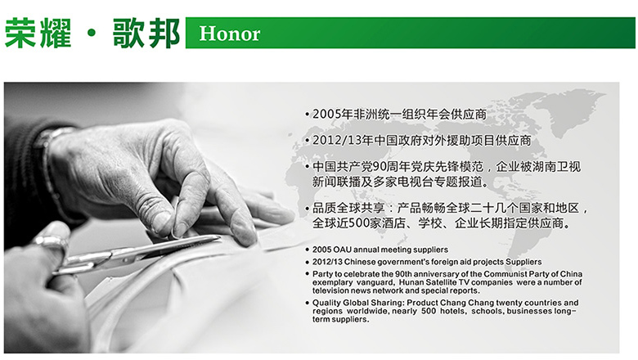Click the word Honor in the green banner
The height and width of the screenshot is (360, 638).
click(x=230, y=34)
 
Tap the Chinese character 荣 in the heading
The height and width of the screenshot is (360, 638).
click(x=20, y=33)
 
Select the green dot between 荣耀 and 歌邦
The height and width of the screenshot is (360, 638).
click(x=92, y=34)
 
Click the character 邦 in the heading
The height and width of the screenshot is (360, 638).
click(x=164, y=33)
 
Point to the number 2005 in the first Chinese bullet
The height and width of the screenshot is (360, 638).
click(x=326, y=115)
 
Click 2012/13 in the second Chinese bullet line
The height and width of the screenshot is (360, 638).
click(x=337, y=141)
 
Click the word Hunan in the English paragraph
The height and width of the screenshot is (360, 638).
click(x=411, y=282)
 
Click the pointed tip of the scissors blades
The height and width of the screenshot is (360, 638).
click(x=219, y=237)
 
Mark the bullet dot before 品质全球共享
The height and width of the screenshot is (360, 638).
click(x=308, y=209)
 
